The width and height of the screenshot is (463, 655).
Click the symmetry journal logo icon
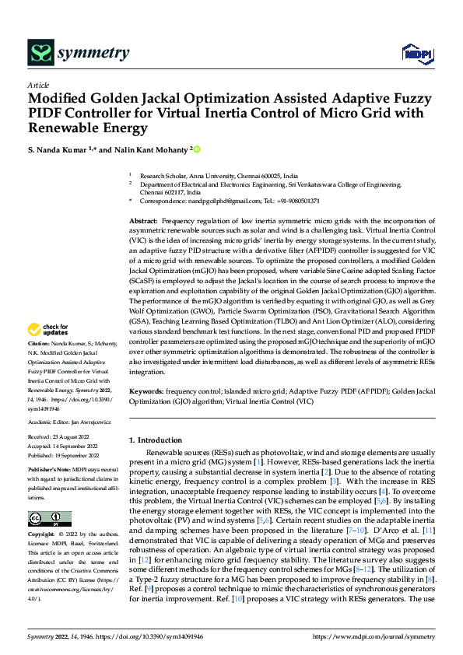(40, 53)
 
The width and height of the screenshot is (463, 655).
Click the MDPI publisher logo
(414, 53)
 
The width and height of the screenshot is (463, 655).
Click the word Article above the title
(37, 84)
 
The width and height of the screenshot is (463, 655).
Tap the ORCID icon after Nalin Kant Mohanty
(197, 149)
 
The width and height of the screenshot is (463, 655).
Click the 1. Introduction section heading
(156, 440)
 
